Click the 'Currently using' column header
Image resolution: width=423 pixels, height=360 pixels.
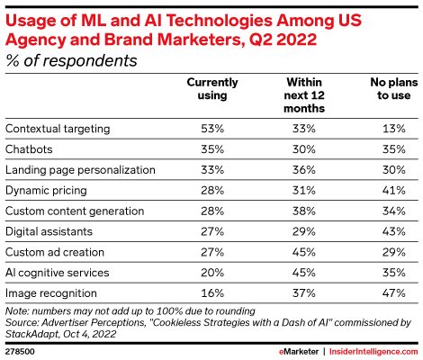[212, 89]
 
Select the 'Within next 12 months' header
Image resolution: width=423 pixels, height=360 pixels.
[304, 95]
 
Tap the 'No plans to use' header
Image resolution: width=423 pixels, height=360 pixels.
[394, 89]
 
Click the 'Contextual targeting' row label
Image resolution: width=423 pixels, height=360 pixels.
[58, 129]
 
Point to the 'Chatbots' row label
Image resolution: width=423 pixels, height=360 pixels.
[29, 149]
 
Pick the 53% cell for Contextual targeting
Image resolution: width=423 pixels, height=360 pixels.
[212, 129]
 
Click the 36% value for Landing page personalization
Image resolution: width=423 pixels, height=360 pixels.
[304, 170]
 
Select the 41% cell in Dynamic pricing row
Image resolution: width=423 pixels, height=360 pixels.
[394, 190]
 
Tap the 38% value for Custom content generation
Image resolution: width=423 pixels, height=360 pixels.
[304, 211]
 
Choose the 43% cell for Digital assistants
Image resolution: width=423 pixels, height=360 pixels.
[394, 231]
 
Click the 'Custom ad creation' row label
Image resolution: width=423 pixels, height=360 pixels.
[55, 252]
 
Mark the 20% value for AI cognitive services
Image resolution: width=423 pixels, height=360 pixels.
[212, 273]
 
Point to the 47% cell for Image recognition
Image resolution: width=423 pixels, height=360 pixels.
[394, 292]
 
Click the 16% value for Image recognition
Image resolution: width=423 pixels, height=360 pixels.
[212, 292]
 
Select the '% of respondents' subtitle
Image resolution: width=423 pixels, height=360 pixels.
[71, 60]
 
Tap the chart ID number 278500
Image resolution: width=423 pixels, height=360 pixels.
[20, 352]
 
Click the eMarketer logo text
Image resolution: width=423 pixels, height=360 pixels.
[299, 352]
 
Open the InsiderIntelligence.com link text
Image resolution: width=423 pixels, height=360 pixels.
[373, 352]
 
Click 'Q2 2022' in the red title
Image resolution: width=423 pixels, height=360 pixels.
[283, 40]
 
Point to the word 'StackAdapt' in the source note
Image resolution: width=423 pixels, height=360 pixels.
[31, 334]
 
